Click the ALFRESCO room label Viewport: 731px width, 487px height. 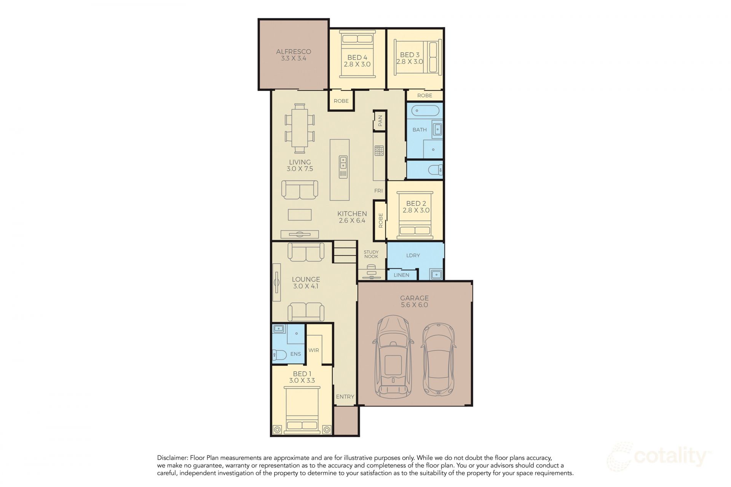coord(294,52)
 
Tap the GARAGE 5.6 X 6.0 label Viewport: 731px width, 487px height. coord(414,301)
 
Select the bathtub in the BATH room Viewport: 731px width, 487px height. coord(425,111)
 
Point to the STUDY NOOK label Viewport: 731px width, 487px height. coord(371,254)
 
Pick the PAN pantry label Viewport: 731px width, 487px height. coord(380,121)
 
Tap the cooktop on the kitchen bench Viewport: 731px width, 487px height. coord(379,151)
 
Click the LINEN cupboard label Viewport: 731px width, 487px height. coord(401,275)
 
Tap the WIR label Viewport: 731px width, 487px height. coord(314,350)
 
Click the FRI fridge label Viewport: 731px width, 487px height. coord(378,191)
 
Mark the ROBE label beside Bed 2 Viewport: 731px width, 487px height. coord(380,221)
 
